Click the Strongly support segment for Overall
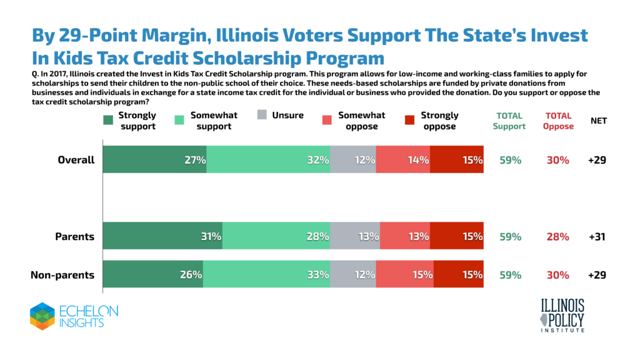click(x=154, y=159)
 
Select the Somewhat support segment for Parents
click(x=276, y=237)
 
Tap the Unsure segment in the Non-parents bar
click(x=352, y=275)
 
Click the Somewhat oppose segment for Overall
click(x=403, y=159)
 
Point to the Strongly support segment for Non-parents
click(x=152, y=275)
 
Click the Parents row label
click(x=74, y=237)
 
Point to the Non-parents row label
click(x=62, y=275)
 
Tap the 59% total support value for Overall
click(x=511, y=159)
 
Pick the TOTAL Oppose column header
click(x=558, y=121)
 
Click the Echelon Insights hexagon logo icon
click(x=42, y=316)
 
